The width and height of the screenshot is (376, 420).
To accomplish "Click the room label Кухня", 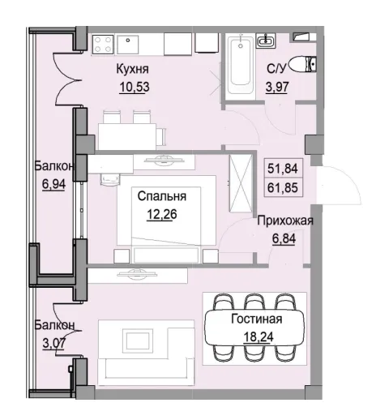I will [135, 71].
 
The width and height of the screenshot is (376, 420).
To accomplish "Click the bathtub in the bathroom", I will [240, 63].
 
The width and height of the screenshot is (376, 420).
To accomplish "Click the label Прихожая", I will [284, 219].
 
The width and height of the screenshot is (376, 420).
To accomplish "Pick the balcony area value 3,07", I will [54, 341].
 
